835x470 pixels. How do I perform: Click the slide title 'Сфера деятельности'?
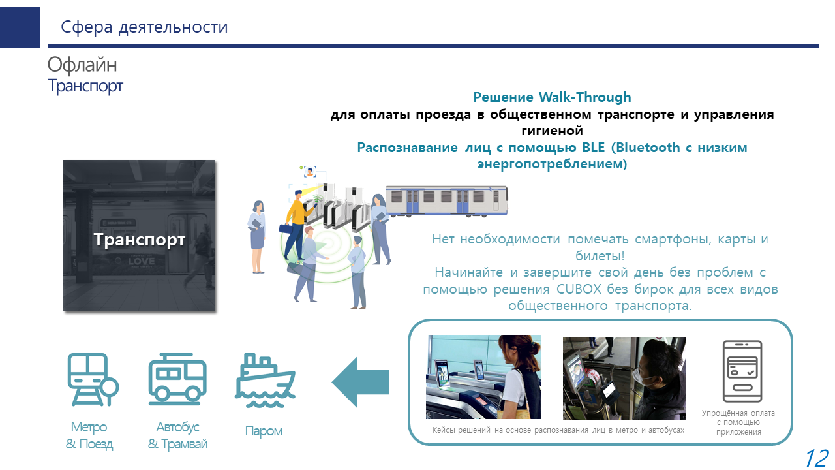(144, 27)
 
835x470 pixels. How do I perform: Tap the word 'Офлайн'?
(82, 65)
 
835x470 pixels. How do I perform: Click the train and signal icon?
(93, 379)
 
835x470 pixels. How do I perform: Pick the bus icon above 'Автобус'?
(177, 379)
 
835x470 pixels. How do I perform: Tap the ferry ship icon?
(265, 381)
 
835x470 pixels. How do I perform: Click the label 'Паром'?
(264, 431)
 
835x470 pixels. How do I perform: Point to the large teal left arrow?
(360, 382)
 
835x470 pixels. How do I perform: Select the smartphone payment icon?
(742, 371)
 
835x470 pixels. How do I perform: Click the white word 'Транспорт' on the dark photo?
(140, 240)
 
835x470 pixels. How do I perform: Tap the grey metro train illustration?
(447, 200)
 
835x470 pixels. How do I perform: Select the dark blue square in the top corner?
(20, 27)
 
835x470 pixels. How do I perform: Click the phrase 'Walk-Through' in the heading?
(585, 97)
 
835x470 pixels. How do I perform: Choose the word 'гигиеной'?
(552, 131)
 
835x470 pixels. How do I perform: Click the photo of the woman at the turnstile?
(483, 377)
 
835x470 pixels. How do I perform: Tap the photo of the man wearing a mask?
(624, 378)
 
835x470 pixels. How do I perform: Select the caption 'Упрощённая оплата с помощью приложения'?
(738, 422)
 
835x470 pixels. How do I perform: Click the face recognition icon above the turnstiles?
(309, 172)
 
